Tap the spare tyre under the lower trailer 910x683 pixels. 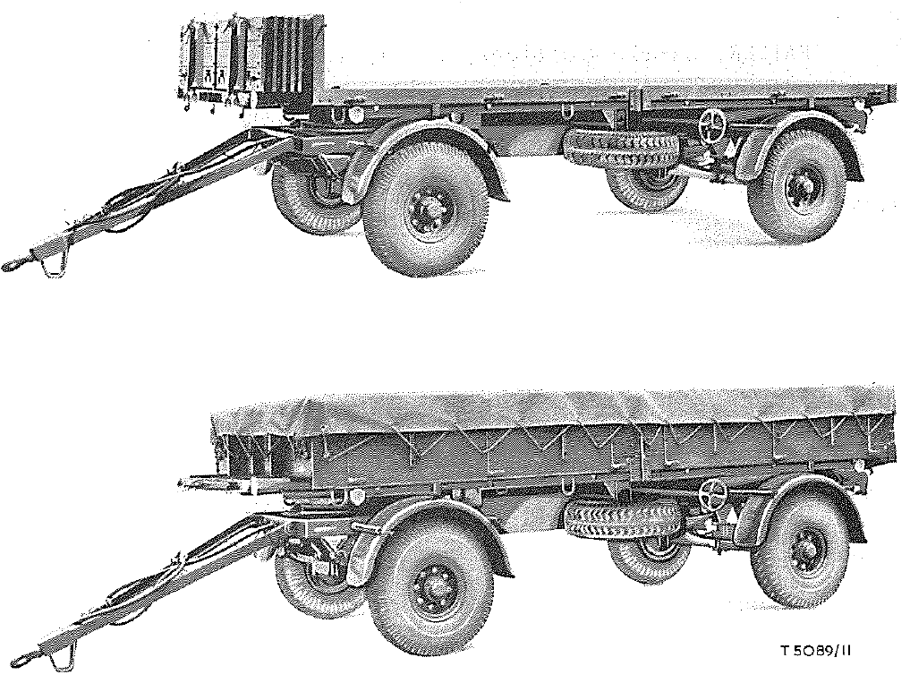tap(622, 518)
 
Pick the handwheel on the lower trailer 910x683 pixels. tap(713, 491)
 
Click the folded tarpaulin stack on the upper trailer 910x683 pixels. tap(248, 59)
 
